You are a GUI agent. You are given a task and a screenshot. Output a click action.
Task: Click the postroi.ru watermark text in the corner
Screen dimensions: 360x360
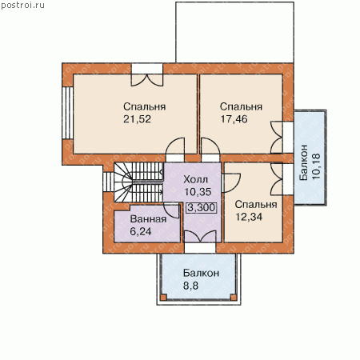click(22, 6)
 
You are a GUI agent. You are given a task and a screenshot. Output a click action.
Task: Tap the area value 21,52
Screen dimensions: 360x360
click(137, 119)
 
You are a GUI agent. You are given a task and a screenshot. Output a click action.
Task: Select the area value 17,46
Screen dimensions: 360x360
click(234, 119)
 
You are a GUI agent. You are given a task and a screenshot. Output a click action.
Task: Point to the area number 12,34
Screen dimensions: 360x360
click(249, 217)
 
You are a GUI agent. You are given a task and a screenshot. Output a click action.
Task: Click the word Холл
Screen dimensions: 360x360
click(195, 179)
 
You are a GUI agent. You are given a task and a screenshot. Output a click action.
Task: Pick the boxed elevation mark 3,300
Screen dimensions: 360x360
click(202, 207)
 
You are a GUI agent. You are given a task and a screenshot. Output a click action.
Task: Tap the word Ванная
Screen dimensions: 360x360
click(148, 219)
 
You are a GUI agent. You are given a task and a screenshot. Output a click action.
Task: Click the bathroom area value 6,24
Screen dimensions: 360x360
click(141, 231)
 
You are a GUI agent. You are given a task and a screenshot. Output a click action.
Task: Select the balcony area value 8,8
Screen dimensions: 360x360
click(190, 286)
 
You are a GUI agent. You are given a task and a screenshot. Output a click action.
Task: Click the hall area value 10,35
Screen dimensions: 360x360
click(198, 192)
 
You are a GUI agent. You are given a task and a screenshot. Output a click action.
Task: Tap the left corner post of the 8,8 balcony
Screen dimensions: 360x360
click(163, 297)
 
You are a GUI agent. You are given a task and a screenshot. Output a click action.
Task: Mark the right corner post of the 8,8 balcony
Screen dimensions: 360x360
click(234, 297)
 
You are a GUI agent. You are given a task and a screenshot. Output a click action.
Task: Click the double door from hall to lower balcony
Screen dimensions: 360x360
click(200, 237)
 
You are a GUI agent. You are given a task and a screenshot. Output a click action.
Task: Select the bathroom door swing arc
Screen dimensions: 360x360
click(170, 210)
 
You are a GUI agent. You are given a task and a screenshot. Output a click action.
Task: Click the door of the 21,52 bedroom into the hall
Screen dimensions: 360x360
click(175, 146)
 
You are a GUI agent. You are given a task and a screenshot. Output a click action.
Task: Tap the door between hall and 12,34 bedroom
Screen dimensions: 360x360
click(231, 183)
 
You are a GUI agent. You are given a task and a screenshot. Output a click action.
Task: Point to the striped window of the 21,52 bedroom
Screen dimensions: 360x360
click(68, 113)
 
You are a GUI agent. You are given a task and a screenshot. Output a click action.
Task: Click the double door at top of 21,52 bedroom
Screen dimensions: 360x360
click(147, 80)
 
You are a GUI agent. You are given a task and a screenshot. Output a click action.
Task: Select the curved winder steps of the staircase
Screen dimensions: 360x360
click(123, 182)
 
